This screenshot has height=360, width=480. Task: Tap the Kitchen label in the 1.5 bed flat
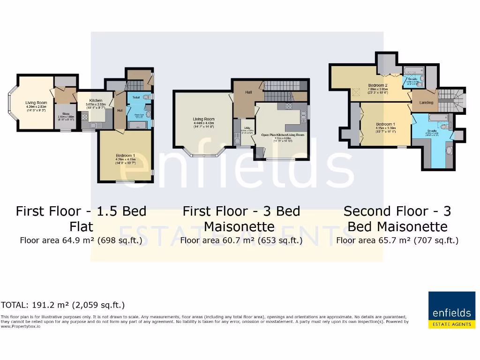[x=96, y=101]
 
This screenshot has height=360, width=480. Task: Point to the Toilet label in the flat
[x=136, y=97]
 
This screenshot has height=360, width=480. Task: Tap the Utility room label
[x=244, y=129]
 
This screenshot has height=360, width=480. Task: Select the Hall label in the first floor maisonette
[x=248, y=92]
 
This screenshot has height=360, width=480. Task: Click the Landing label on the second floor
[x=426, y=102]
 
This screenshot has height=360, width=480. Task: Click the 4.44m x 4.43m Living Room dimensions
[x=203, y=123]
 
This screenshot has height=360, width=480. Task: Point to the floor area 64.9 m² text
[x=81, y=240]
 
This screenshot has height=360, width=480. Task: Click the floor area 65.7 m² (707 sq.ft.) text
[x=397, y=240]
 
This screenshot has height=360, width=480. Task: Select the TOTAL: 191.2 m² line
[x=63, y=305]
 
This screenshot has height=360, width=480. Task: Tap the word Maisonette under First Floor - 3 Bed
[x=239, y=227]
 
